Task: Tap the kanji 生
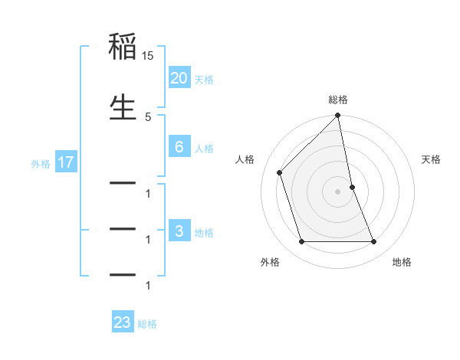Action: coord(123,108)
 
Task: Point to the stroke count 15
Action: coord(148,56)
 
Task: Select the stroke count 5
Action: coord(148,116)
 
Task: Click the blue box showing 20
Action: coord(179,78)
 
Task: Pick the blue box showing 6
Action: coord(179,147)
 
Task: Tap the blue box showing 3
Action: coord(179,231)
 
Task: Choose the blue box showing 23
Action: coord(123,322)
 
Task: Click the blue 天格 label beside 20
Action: coord(204,79)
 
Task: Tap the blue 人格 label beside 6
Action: coord(204,148)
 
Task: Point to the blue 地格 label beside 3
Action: coord(204,232)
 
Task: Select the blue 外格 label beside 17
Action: coord(40,163)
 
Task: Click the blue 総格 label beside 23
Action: coord(147,323)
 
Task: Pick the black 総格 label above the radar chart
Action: coord(338,100)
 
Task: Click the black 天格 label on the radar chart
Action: coord(431,159)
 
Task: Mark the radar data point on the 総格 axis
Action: coord(338,116)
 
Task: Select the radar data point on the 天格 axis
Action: coord(352,187)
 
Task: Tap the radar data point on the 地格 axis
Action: coord(374,242)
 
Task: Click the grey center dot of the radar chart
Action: coord(338,191)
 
